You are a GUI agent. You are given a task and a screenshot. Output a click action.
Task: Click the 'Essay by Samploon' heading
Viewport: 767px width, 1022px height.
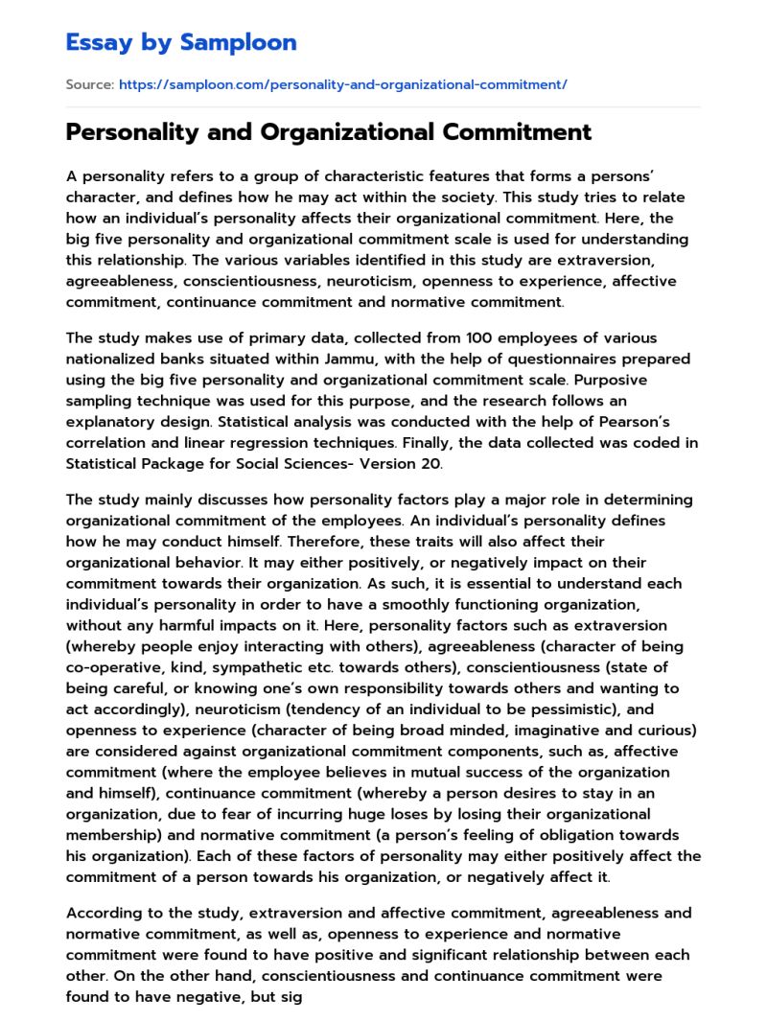click(x=181, y=42)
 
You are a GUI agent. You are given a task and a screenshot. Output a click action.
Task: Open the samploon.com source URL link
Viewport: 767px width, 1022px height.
click(x=342, y=84)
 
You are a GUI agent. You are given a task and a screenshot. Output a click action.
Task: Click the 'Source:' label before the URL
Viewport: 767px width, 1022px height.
click(x=89, y=84)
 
